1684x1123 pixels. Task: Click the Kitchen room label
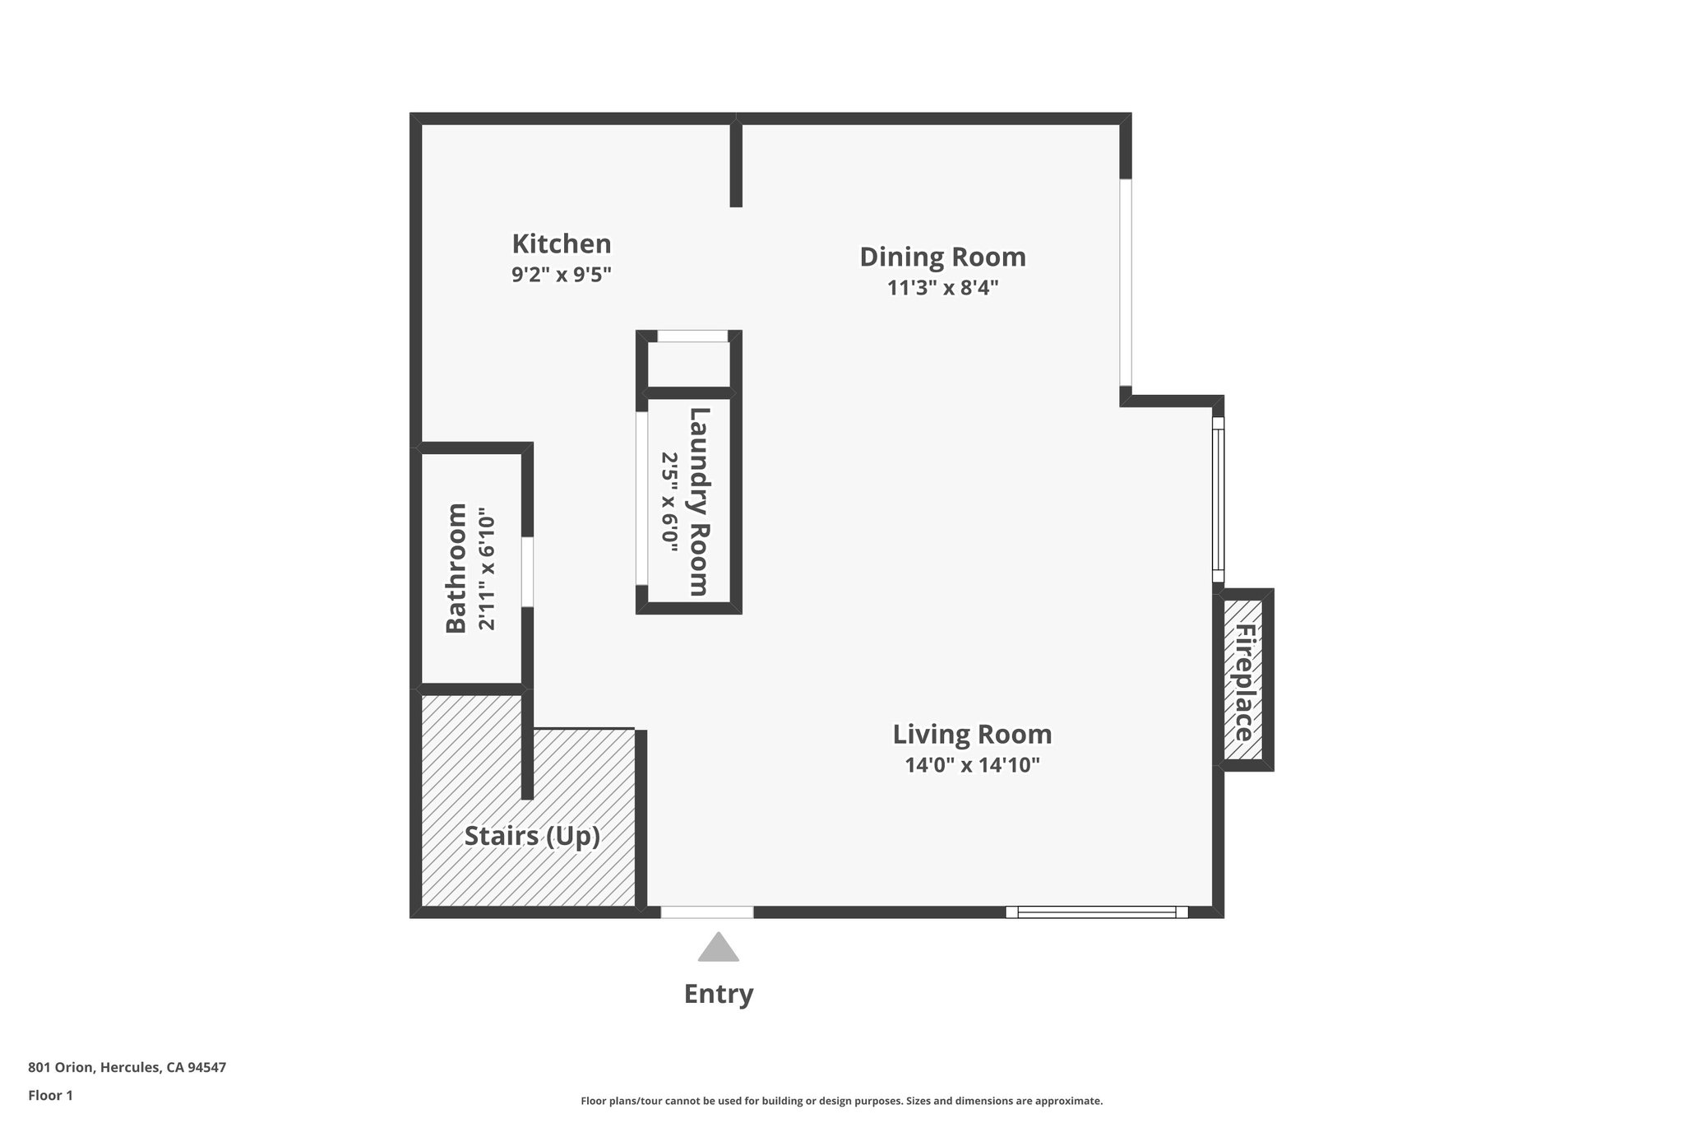click(x=562, y=244)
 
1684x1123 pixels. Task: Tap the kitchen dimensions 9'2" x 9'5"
click(x=562, y=275)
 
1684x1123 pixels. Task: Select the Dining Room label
click(x=942, y=258)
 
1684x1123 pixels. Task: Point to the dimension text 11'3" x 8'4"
click(x=942, y=288)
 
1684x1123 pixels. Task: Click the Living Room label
click(x=972, y=734)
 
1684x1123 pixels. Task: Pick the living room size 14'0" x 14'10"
click(x=972, y=765)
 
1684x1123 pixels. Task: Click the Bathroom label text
click(x=456, y=568)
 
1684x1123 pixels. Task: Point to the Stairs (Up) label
click(x=532, y=836)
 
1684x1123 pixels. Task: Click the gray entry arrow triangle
click(x=719, y=948)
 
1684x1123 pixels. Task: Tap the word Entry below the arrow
click(x=719, y=994)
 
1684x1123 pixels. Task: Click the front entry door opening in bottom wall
click(x=707, y=912)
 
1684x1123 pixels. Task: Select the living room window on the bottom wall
click(x=1097, y=912)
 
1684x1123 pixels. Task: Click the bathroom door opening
click(x=527, y=572)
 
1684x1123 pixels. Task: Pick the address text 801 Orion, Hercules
click(x=127, y=1067)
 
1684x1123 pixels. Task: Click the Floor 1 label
click(x=50, y=1095)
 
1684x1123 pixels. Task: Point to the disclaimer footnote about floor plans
click(x=841, y=1101)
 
